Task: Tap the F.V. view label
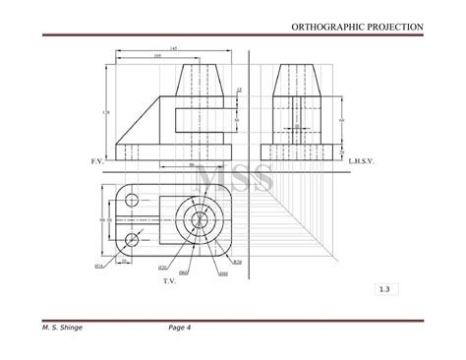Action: pos(96,158)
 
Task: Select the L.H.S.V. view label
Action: pos(361,158)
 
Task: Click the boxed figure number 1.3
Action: pos(382,289)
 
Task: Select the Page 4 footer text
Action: pos(179,328)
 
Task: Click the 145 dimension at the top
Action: pos(174,48)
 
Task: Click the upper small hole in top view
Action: pos(132,201)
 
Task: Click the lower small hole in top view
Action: pos(132,238)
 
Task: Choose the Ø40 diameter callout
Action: pos(223,271)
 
